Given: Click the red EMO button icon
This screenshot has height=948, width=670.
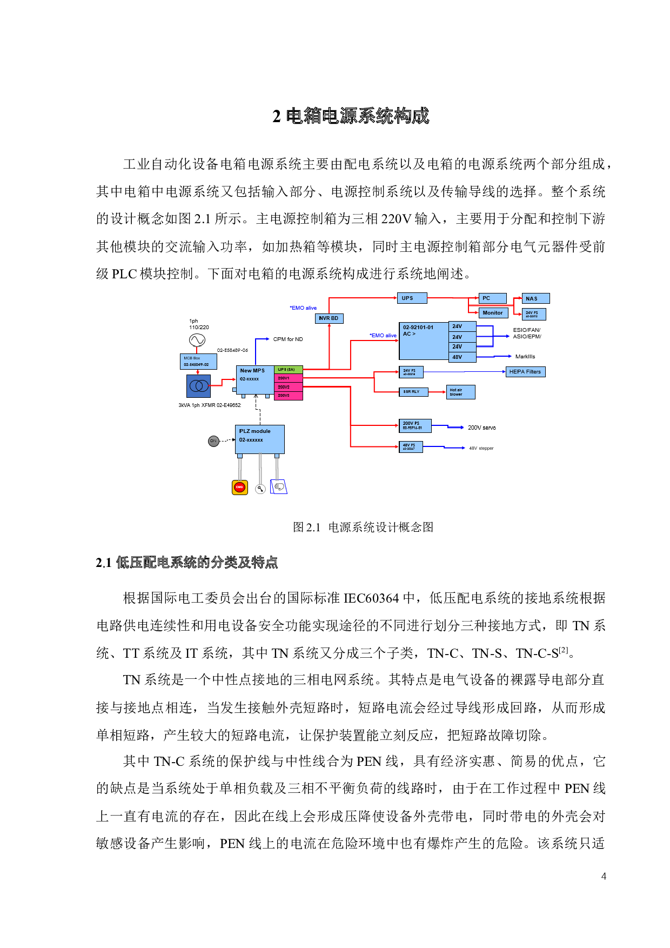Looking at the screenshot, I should click(x=239, y=487).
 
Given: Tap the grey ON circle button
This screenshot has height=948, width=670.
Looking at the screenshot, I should click(x=213, y=441).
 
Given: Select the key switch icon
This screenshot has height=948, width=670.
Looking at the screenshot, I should click(x=260, y=489).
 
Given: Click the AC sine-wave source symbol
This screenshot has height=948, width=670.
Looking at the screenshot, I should click(x=197, y=340).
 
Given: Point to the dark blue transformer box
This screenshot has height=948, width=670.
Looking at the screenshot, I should click(x=198, y=386).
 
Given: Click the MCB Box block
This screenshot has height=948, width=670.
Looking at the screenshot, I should click(x=198, y=362).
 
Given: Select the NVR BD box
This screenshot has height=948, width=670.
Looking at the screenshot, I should click(x=329, y=318).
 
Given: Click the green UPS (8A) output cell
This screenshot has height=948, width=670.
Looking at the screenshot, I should click(x=288, y=370).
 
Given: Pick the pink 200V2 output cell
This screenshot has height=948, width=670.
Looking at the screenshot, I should click(x=288, y=387).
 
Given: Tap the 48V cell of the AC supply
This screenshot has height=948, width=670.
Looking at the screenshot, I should click(x=462, y=357).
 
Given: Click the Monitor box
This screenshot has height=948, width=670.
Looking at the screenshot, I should click(x=493, y=313).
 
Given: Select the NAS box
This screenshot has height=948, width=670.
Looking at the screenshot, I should click(x=535, y=298).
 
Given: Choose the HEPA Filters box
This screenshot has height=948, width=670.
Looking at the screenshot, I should click(x=525, y=372).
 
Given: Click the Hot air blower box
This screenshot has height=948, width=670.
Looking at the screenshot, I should click(x=460, y=392).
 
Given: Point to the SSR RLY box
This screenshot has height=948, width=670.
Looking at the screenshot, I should click(x=413, y=392).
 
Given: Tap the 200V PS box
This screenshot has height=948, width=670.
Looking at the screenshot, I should click(x=414, y=426).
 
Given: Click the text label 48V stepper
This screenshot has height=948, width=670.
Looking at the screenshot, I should click(x=481, y=448).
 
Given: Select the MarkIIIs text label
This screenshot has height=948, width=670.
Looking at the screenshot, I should click(x=525, y=357).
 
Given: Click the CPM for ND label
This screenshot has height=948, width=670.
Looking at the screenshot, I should click(x=288, y=339).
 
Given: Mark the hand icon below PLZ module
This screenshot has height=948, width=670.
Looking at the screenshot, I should click(x=279, y=487).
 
